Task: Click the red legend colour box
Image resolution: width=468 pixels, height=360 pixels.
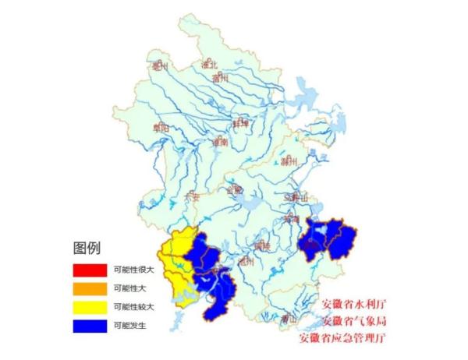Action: tap(89, 270)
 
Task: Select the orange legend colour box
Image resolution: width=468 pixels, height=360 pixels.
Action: tap(89, 288)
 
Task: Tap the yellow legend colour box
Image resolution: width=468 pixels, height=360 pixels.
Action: tap(89, 307)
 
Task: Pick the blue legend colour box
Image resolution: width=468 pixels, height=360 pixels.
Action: tap(89, 326)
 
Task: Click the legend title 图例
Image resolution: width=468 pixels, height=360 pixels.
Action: tap(87, 249)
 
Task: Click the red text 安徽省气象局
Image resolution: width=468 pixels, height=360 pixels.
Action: tap(354, 321)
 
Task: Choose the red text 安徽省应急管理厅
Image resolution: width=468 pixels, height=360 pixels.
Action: tap(342, 339)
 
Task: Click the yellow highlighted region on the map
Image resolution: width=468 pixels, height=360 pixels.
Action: tap(175, 265)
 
